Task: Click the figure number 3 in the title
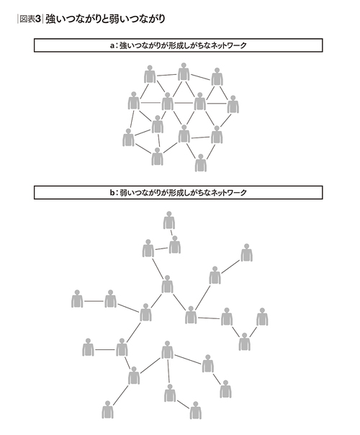[x=38, y=19]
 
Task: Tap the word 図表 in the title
[x=27, y=19]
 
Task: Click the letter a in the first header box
[x=112, y=45]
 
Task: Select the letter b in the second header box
[x=112, y=192]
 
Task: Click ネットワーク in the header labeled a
[x=228, y=45]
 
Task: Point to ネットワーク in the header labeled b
[x=228, y=192]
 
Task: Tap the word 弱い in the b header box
[x=127, y=192]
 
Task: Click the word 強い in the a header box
[x=127, y=45]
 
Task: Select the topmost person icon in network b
[x=169, y=220]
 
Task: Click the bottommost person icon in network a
[x=201, y=163]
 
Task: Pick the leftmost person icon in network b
[x=77, y=299]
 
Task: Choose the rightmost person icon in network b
[x=262, y=317]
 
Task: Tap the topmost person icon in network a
[x=184, y=72]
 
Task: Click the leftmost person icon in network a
[x=128, y=138]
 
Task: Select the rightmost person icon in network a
[x=233, y=104]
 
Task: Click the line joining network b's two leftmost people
[x=94, y=301]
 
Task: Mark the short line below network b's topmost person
[x=171, y=233]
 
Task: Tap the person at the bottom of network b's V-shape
[x=244, y=342]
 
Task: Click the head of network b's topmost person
[x=169, y=214]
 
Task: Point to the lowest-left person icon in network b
[x=107, y=410]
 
